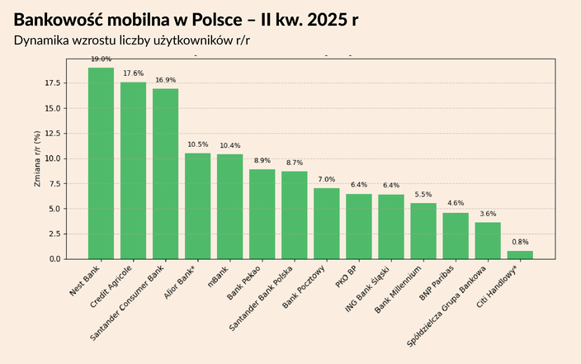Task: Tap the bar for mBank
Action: (x=229, y=206)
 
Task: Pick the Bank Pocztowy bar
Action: (x=326, y=224)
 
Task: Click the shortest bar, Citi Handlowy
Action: (x=520, y=255)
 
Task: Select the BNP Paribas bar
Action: (x=456, y=236)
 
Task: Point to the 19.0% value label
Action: (x=101, y=59)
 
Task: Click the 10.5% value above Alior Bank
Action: (x=197, y=144)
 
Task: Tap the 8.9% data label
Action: (x=262, y=161)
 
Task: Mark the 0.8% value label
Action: (x=520, y=243)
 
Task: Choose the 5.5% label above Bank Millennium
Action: (x=423, y=195)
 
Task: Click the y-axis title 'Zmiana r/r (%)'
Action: (x=37, y=158)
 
